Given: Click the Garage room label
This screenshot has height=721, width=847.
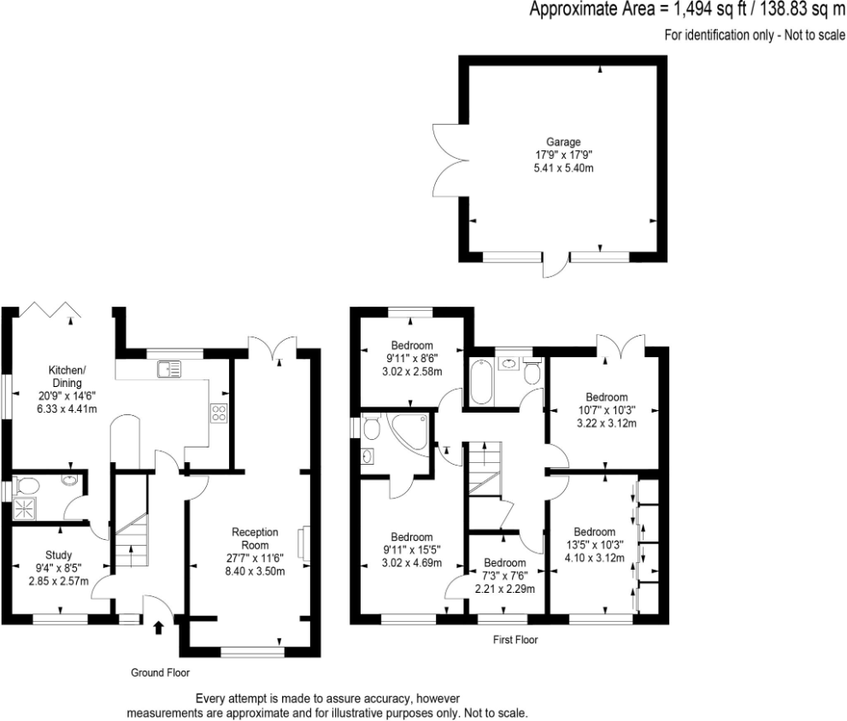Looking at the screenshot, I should point(563,142).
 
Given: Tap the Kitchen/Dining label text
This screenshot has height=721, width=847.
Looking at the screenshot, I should point(67,376).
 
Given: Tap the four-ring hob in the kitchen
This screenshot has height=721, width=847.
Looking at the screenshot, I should point(218,413).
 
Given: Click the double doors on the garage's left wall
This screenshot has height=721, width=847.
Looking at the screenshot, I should point(446,161).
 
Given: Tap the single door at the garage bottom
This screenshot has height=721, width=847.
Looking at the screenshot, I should point(554,267).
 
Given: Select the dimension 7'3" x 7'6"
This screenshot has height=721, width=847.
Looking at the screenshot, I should point(504,576).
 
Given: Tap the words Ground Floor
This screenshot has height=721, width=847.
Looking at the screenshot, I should point(160,673).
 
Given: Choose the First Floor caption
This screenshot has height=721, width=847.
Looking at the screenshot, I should point(515,639).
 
